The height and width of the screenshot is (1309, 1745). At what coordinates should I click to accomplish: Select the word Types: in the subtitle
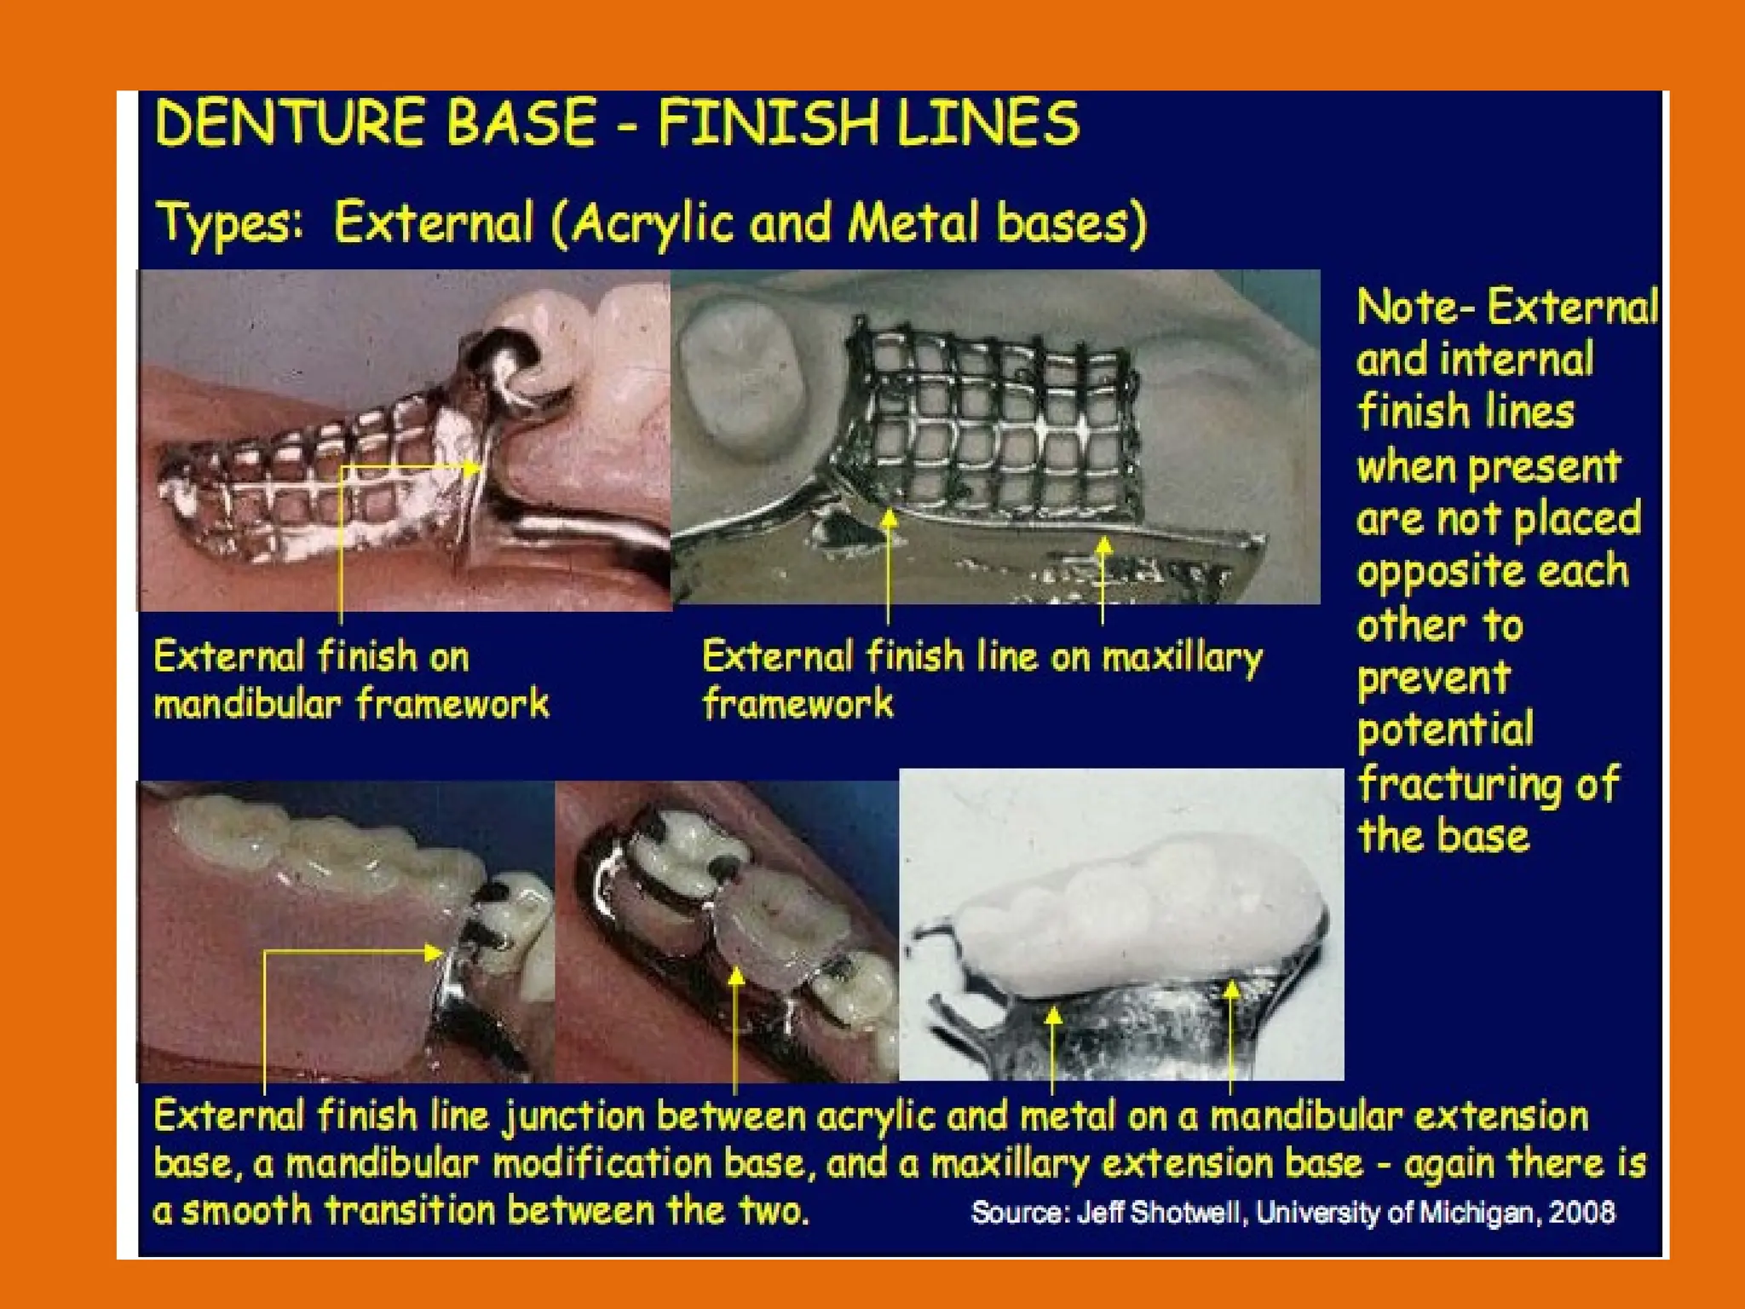click(x=230, y=224)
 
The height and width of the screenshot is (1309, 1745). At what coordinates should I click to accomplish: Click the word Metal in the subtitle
click(x=913, y=224)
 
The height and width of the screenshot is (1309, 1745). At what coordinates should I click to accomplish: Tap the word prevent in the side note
click(x=1433, y=678)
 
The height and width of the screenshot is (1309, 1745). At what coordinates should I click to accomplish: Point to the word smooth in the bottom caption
click(x=247, y=1210)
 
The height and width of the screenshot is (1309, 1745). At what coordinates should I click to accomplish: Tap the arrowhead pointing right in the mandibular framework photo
click(x=474, y=467)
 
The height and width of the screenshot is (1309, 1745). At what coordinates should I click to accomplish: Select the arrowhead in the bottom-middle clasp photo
click(x=736, y=977)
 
